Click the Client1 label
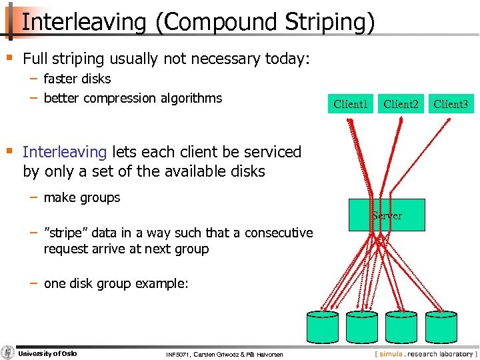351,104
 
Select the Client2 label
401,104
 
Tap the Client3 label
451,104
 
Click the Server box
387,215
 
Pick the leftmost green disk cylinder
323,327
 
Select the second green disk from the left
363,327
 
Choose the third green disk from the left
403,327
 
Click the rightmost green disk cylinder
443,327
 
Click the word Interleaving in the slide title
83,22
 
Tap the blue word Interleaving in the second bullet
65,152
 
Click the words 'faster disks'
77,79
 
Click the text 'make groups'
82,197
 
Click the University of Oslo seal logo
8,353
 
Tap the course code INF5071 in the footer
179,354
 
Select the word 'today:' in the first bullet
288,59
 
